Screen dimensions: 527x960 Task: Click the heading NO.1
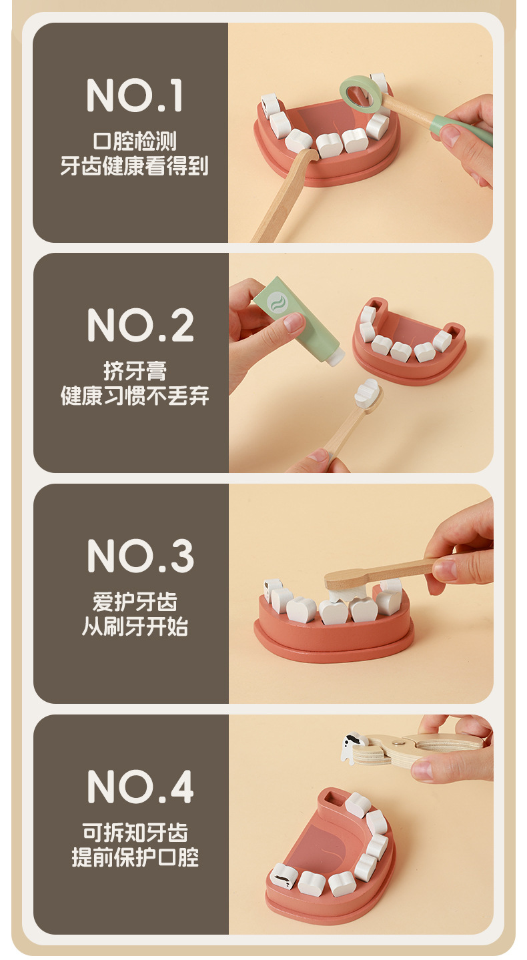tap(135, 95)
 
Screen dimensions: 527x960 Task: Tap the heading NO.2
tap(141, 325)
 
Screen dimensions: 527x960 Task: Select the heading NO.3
tap(141, 556)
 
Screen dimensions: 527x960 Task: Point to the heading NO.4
tap(141, 786)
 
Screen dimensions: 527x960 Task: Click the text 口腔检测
tap(135, 141)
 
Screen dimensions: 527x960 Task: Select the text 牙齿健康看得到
tap(134, 166)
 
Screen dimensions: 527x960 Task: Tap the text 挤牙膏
tap(135, 371)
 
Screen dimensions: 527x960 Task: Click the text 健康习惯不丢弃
tap(135, 396)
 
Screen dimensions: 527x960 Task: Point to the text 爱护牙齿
tap(135, 601)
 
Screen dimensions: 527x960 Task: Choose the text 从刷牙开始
tap(135, 626)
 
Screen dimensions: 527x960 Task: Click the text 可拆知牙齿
tap(135, 832)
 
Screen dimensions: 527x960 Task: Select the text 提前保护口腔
tap(135, 857)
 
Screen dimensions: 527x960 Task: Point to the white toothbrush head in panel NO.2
tap(367, 393)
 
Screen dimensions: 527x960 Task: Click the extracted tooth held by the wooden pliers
tap(353, 746)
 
